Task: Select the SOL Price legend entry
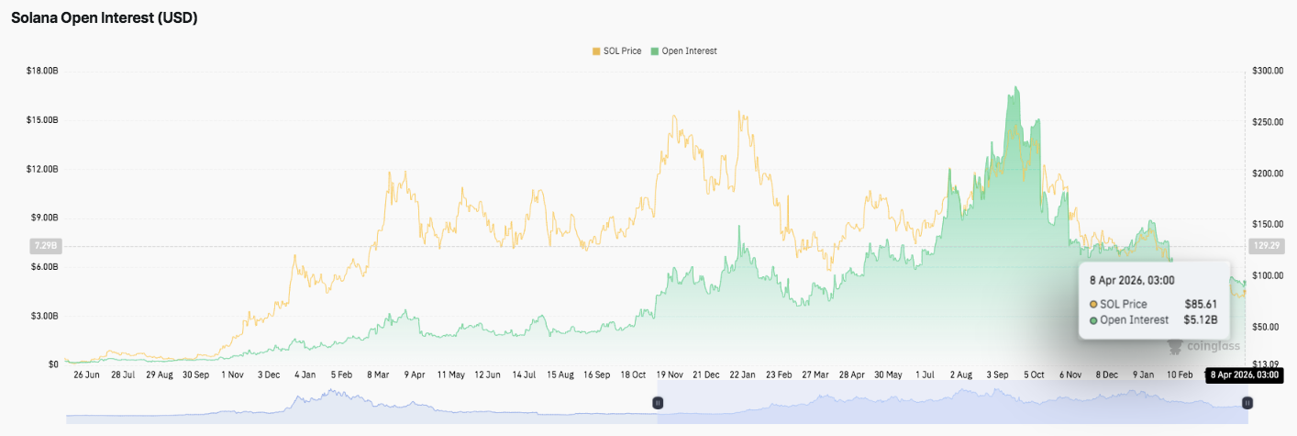click(x=616, y=51)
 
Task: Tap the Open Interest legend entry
click(x=683, y=51)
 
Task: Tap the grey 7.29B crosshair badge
click(x=45, y=246)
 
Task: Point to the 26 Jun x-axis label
click(x=87, y=375)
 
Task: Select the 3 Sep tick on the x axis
click(x=998, y=375)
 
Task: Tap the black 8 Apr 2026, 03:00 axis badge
click(x=1243, y=375)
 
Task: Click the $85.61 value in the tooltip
click(x=1201, y=304)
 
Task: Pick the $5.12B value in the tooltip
click(x=1201, y=319)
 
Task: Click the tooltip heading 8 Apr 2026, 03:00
click(x=1132, y=280)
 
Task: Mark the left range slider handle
click(x=658, y=403)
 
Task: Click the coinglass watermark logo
click(x=1205, y=346)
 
